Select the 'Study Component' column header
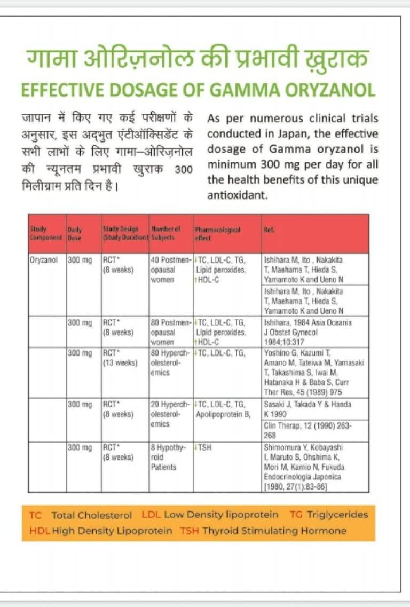click(x=46, y=233)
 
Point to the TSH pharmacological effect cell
click(x=205, y=447)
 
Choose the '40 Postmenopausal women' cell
click(x=170, y=270)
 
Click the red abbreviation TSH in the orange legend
click(x=190, y=531)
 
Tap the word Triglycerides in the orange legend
click(x=338, y=515)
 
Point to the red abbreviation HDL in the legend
click(x=40, y=531)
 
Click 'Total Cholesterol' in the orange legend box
click(x=91, y=515)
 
